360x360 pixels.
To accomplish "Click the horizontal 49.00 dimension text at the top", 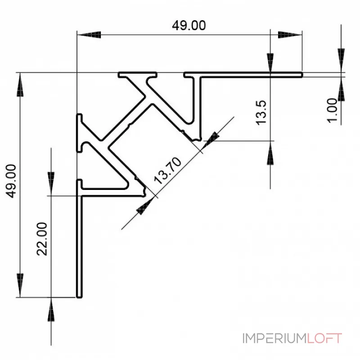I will point(189,26).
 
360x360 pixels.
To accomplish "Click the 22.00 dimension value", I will point(43,239).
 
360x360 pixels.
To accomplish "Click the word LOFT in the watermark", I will point(325,338).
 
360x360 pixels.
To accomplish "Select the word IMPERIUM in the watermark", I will point(274,338).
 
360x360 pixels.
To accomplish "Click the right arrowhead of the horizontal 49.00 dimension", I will point(290,34).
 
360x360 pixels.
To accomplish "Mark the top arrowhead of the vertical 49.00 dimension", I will point(20,85).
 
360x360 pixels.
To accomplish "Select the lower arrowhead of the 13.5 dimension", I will point(270,153).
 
